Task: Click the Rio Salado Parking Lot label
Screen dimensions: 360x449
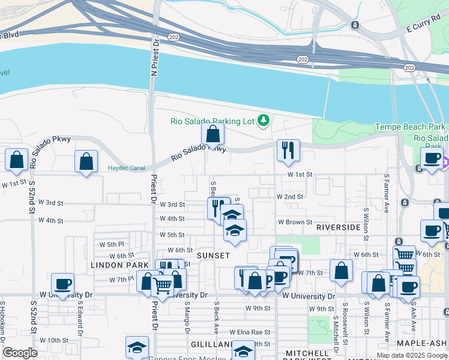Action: [212, 121]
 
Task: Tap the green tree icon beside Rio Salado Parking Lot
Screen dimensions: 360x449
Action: [263, 121]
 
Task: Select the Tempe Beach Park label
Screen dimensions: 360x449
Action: [410, 127]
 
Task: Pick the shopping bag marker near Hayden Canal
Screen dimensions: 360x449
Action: [86, 161]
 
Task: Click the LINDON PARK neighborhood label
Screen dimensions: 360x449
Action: [119, 265]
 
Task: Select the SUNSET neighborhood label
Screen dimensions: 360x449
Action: [213, 256]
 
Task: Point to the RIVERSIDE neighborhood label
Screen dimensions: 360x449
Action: [338, 227]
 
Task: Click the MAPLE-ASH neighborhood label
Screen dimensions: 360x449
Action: [424, 343]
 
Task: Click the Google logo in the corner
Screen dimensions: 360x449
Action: [20, 353]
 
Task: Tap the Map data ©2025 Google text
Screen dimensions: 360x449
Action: [412, 355]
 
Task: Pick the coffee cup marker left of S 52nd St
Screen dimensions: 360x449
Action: [62, 284]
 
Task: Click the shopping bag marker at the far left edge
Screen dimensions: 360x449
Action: [17, 160]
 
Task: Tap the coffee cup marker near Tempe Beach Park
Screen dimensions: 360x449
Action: [431, 158]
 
